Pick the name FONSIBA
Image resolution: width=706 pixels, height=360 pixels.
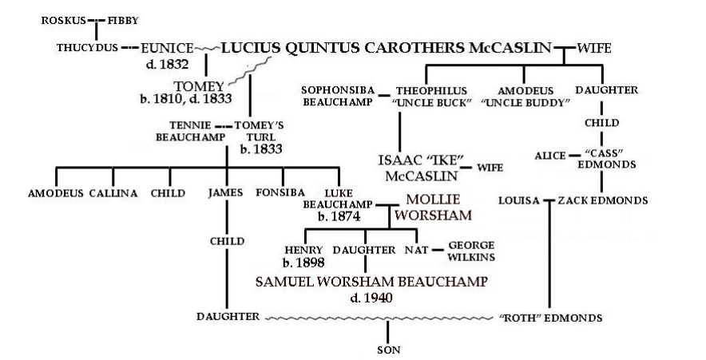(x=279, y=192)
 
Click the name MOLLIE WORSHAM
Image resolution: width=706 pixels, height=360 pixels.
(x=437, y=207)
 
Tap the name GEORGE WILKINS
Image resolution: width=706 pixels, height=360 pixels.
(x=471, y=251)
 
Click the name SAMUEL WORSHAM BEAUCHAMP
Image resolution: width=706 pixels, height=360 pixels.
(x=371, y=281)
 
